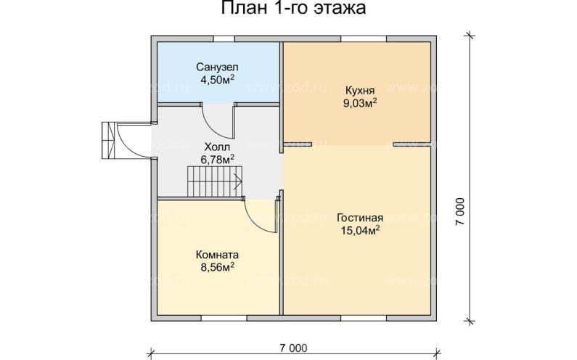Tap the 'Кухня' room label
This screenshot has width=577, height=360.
click(359, 91)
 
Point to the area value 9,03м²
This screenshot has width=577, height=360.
click(359, 103)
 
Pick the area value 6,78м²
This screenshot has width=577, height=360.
click(217, 160)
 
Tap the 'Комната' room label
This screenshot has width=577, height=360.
click(217, 255)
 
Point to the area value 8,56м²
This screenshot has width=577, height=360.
click(217, 267)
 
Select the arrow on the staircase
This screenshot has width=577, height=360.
click(236, 176)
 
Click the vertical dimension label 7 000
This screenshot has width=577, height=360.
click(460, 211)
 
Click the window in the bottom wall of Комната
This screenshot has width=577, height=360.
click(222, 317)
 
